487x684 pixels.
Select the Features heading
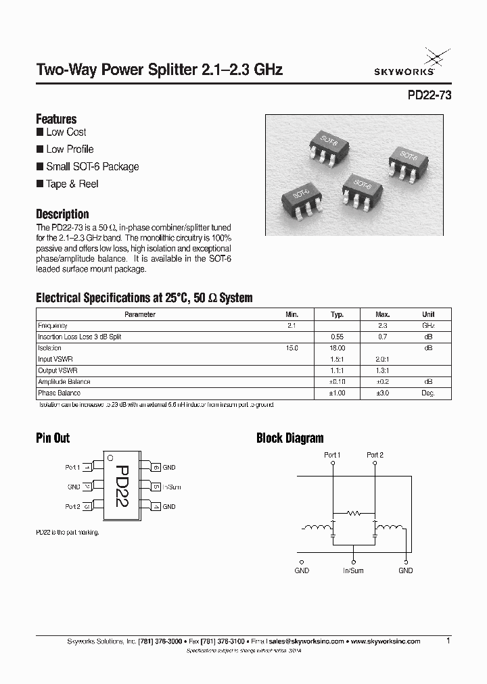[55, 118]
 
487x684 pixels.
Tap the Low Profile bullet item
[70, 149]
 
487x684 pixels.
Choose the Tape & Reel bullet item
[72, 184]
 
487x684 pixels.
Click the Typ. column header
[337, 314]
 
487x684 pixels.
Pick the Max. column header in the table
[383, 314]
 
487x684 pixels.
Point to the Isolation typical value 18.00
[337, 347]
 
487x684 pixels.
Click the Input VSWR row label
[55, 359]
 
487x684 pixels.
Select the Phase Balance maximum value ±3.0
[383, 393]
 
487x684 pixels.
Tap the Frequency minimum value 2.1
[292, 325]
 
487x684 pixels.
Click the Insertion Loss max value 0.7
[383, 337]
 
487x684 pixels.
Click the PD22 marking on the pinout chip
[122, 486]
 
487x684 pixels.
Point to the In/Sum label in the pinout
[171, 487]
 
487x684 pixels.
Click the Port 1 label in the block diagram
[332, 455]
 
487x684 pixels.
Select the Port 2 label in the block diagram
[375, 455]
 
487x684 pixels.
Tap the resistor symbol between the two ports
[353, 513]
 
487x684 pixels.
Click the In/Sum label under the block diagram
[352, 570]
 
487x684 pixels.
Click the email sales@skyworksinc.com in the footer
[306, 641]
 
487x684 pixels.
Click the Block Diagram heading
[289, 438]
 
